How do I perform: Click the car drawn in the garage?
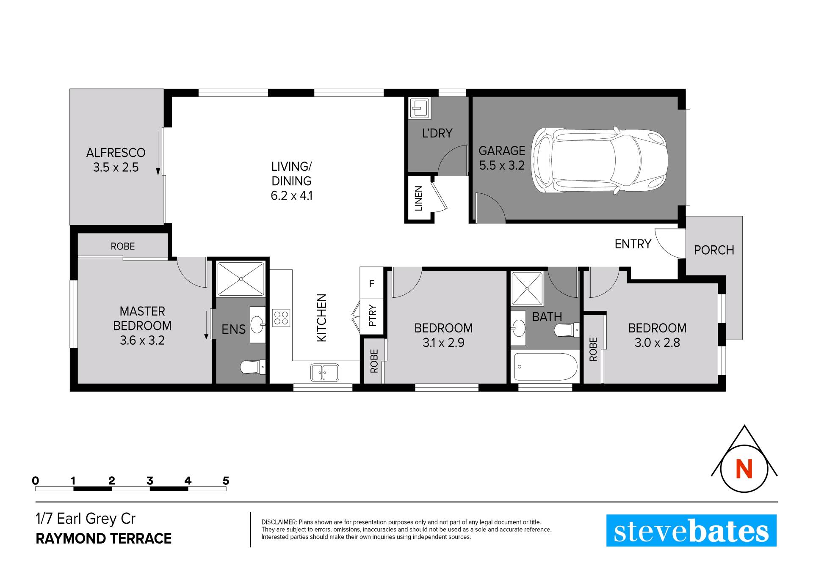[x=599, y=161]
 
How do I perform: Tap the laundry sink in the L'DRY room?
[x=420, y=108]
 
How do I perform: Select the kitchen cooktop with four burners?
[x=281, y=318]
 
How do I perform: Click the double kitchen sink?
[x=324, y=372]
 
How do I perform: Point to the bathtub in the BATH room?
[x=545, y=367]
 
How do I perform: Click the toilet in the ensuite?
[x=253, y=367]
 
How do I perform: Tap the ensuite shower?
[x=241, y=279]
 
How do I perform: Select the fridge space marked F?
[x=371, y=283]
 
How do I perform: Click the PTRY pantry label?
[x=372, y=316]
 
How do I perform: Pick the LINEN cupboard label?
[x=418, y=198]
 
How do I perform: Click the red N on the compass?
[x=744, y=469]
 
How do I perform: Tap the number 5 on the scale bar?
[x=226, y=481]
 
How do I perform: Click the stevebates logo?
[x=691, y=530]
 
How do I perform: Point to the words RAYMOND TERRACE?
[x=104, y=538]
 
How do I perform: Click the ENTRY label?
[x=633, y=244]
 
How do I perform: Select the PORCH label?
[x=714, y=250]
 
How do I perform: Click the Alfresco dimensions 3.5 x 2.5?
[x=116, y=167]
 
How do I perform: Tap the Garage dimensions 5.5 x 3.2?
[x=502, y=165]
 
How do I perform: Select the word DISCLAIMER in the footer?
[x=279, y=522]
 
